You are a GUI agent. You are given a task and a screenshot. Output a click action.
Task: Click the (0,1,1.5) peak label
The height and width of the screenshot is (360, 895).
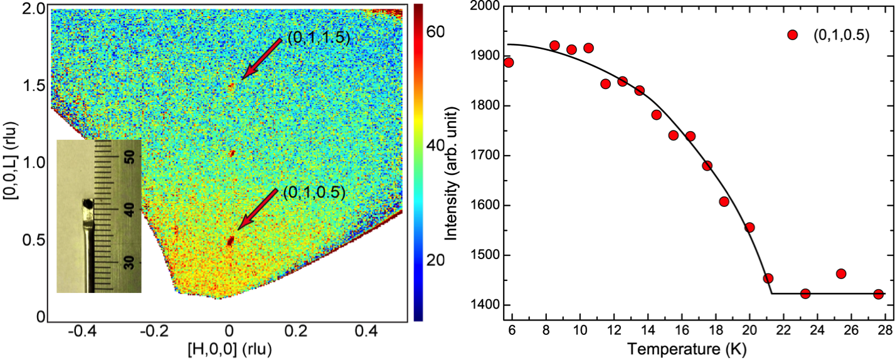[x=318, y=38]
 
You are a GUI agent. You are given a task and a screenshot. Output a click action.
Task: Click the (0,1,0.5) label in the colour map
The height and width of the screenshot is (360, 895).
[x=314, y=192]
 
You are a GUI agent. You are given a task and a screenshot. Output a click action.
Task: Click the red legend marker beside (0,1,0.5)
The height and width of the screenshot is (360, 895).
[x=792, y=35]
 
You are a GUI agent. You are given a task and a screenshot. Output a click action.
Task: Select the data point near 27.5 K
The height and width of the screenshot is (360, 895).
[x=878, y=294]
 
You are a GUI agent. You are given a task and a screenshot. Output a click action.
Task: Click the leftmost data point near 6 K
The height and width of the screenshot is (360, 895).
[x=509, y=62]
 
